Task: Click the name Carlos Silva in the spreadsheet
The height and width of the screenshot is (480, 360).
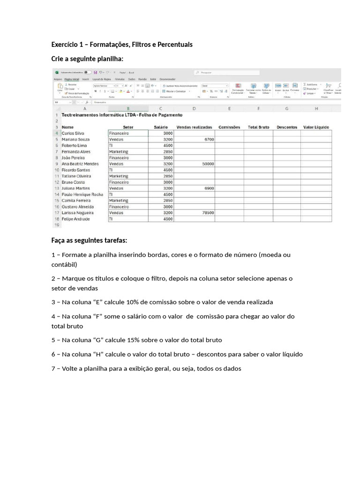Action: click(73, 134)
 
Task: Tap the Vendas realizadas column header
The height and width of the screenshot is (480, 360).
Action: click(194, 127)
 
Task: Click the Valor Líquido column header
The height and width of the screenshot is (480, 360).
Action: click(316, 127)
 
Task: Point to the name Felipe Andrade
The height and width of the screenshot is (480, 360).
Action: click(75, 219)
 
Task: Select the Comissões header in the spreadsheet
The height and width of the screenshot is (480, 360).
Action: click(229, 127)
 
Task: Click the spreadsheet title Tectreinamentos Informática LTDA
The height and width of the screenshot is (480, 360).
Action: click(122, 115)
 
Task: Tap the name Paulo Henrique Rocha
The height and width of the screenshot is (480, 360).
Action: click(82, 195)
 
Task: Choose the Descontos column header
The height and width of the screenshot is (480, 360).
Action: click(287, 127)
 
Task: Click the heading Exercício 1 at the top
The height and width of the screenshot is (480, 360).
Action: click(121, 45)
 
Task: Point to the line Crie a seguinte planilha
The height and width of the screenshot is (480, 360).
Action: click(87, 59)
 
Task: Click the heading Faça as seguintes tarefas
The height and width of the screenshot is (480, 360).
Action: click(89, 240)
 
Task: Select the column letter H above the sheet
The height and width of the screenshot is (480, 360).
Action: click(316, 109)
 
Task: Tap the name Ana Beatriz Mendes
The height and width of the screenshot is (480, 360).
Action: click(80, 164)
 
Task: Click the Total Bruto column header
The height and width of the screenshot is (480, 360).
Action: click(258, 127)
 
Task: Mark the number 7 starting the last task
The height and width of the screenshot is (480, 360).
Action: click(53, 368)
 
